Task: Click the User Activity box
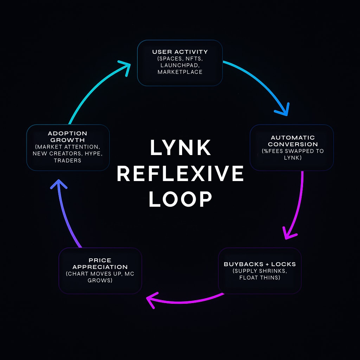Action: [180, 63]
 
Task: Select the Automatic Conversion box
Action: [291, 147]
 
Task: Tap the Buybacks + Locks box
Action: [260, 270]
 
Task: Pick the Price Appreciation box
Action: [100, 270]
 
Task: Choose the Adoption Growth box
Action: [68, 147]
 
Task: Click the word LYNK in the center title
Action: [180, 148]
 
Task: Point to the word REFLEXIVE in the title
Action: [180, 174]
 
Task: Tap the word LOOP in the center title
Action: [180, 199]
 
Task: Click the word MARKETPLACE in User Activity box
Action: [180, 72]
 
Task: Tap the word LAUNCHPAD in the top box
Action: [180, 65]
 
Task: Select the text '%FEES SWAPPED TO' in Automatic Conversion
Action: [293, 151]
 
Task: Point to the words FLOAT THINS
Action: [260, 277]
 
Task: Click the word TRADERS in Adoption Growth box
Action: [67, 160]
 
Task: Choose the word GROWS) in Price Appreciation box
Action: [100, 281]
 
